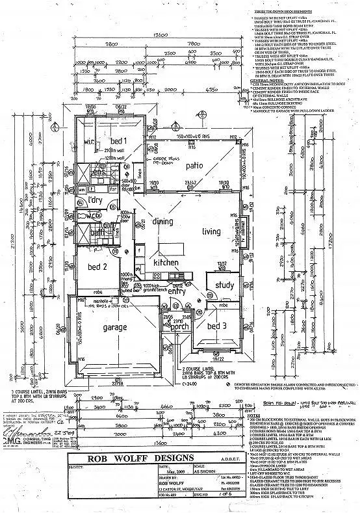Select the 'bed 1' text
tap(116, 140)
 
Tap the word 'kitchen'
tap(166, 261)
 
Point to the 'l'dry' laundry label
tap(97, 199)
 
